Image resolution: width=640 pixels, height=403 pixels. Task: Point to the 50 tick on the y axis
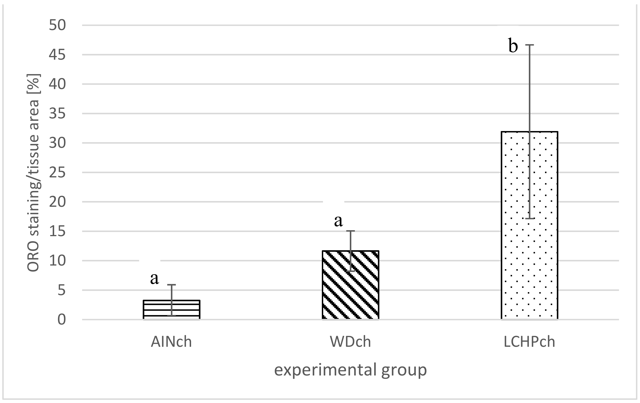tap(57, 26)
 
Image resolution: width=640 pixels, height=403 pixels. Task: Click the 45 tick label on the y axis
tap(57, 55)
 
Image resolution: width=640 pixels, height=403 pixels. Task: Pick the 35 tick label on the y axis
tap(57, 114)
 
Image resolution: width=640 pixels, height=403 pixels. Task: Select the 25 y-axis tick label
tap(57, 173)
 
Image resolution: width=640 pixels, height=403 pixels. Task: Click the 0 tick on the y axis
tap(61, 320)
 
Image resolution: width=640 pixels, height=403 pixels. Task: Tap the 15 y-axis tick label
tap(57, 232)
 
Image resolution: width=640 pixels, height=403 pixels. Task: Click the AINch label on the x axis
tap(171, 342)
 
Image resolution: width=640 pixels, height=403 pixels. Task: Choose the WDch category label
tap(350, 342)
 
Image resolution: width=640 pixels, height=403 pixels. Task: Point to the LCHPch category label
tap(529, 342)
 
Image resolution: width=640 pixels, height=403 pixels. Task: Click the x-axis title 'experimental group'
tap(350, 370)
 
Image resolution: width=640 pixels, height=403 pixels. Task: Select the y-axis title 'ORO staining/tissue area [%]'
tap(33, 173)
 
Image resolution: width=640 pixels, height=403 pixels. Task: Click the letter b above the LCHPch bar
tap(513, 46)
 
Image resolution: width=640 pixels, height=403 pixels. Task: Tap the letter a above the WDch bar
tap(338, 221)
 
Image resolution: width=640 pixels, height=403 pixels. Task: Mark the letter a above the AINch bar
tap(154, 278)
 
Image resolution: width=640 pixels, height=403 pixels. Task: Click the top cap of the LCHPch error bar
tap(529, 45)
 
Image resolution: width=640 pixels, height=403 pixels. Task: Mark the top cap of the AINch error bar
tap(171, 285)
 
